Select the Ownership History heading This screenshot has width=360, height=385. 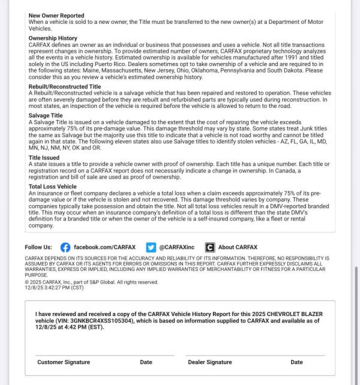click(x=53, y=38)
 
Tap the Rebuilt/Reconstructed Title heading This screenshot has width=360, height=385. click(x=65, y=86)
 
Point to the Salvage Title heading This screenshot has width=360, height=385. click(x=47, y=115)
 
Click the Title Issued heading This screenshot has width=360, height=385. click(x=44, y=158)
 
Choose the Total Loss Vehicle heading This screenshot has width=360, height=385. click(x=53, y=187)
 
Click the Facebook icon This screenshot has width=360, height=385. click(x=65, y=247)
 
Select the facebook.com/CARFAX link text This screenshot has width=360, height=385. click(x=104, y=247)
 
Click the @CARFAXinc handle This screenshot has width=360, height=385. click(x=176, y=247)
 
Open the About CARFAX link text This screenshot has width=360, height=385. click(x=238, y=247)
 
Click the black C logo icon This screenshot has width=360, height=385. click(x=209, y=247)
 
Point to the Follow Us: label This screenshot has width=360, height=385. click(x=38, y=247)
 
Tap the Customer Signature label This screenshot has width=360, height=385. click(x=64, y=362)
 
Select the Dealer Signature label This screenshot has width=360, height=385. click(x=209, y=362)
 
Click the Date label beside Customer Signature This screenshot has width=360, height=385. click(x=146, y=362)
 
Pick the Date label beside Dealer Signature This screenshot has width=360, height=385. click(x=296, y=362)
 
